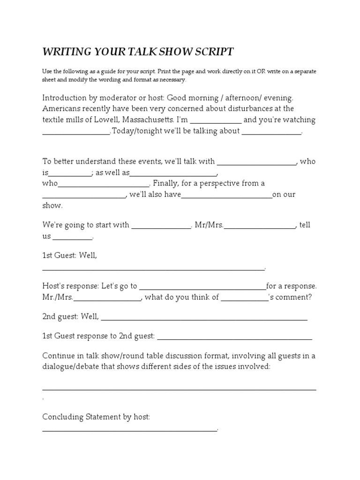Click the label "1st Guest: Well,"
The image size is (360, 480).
[x=70, y=256]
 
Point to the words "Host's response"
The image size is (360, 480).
[x=71, y=286]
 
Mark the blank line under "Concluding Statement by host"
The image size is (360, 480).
[x=130, y=428]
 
